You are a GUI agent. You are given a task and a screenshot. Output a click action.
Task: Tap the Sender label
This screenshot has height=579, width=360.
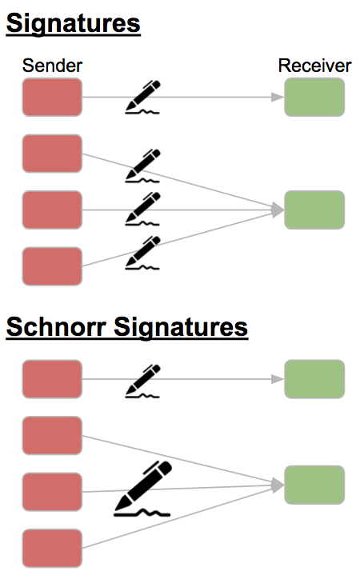click(x=52, y=66)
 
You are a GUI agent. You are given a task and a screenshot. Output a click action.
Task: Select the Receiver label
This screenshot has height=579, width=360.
click(x=314, y=66)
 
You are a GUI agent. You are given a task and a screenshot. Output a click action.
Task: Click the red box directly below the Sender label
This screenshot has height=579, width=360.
click(x=52, y=97)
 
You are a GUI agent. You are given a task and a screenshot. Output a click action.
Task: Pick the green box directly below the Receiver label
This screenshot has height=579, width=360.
click(x=314, y=97)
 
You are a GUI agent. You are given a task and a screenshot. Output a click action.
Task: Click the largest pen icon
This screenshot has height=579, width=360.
click(x=143, y=487)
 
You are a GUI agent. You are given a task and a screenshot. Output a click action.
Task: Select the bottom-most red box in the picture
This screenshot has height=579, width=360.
click(x=52, y=549)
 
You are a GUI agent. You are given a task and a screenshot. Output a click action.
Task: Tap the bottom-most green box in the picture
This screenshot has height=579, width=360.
click(x=314, y=485)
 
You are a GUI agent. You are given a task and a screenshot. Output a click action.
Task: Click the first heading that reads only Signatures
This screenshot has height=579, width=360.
click(x=73, y=24)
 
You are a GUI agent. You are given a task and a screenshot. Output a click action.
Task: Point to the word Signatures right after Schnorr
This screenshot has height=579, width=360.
click(x=181, y=328)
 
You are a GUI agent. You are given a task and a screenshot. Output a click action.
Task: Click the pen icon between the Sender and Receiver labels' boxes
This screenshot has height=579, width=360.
click(x=142, y=97)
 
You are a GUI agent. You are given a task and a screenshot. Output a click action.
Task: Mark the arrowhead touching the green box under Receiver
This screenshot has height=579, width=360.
click(x=278, y=97)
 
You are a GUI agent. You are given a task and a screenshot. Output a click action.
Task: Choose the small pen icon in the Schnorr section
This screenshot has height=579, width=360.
click(x=142, y=381)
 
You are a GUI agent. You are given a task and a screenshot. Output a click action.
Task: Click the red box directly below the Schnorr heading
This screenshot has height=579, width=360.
click(x=52, y=379)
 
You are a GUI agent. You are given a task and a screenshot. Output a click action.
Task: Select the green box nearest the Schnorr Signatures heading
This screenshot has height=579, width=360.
click(x=314, y=379)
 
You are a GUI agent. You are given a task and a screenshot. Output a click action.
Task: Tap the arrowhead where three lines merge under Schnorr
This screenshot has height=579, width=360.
click(x=278, y=485)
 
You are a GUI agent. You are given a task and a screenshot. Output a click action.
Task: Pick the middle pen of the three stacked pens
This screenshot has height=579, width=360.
click(x=142, y=208)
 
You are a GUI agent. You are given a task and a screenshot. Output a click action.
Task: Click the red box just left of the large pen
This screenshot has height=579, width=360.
click(x=52, y=492)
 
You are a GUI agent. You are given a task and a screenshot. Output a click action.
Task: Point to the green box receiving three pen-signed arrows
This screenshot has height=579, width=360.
click(x=314, y=210)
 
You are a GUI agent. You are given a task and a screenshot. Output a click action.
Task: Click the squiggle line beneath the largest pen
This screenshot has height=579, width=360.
click(x=142, y=513)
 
